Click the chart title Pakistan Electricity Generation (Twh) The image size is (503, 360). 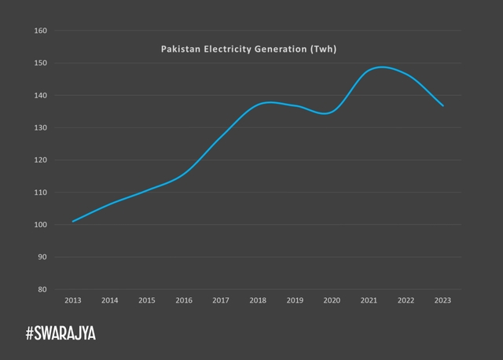tap(248, 49)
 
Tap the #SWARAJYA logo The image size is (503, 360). tap(61, 334)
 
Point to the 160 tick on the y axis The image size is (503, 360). tap(42, 31)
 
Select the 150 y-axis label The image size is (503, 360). tap(42, 63)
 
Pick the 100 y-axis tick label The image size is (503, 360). tap(42, 225)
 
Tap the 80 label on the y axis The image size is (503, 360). tap(42, 289)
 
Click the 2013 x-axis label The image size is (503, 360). tap(73, 300)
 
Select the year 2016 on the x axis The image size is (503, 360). tap(184, 300)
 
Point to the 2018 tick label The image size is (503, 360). tap(258, 300)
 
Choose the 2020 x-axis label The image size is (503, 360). tap(332, 300)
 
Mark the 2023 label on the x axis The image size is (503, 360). tap(442, 300)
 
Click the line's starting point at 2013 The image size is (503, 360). tap(73, 221)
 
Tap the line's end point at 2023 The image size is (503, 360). tap(442, 105)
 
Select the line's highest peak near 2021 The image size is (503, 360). tap(382, 67)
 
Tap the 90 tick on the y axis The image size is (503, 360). tap(42, 257)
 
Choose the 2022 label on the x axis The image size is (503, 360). tap(406, 300)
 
